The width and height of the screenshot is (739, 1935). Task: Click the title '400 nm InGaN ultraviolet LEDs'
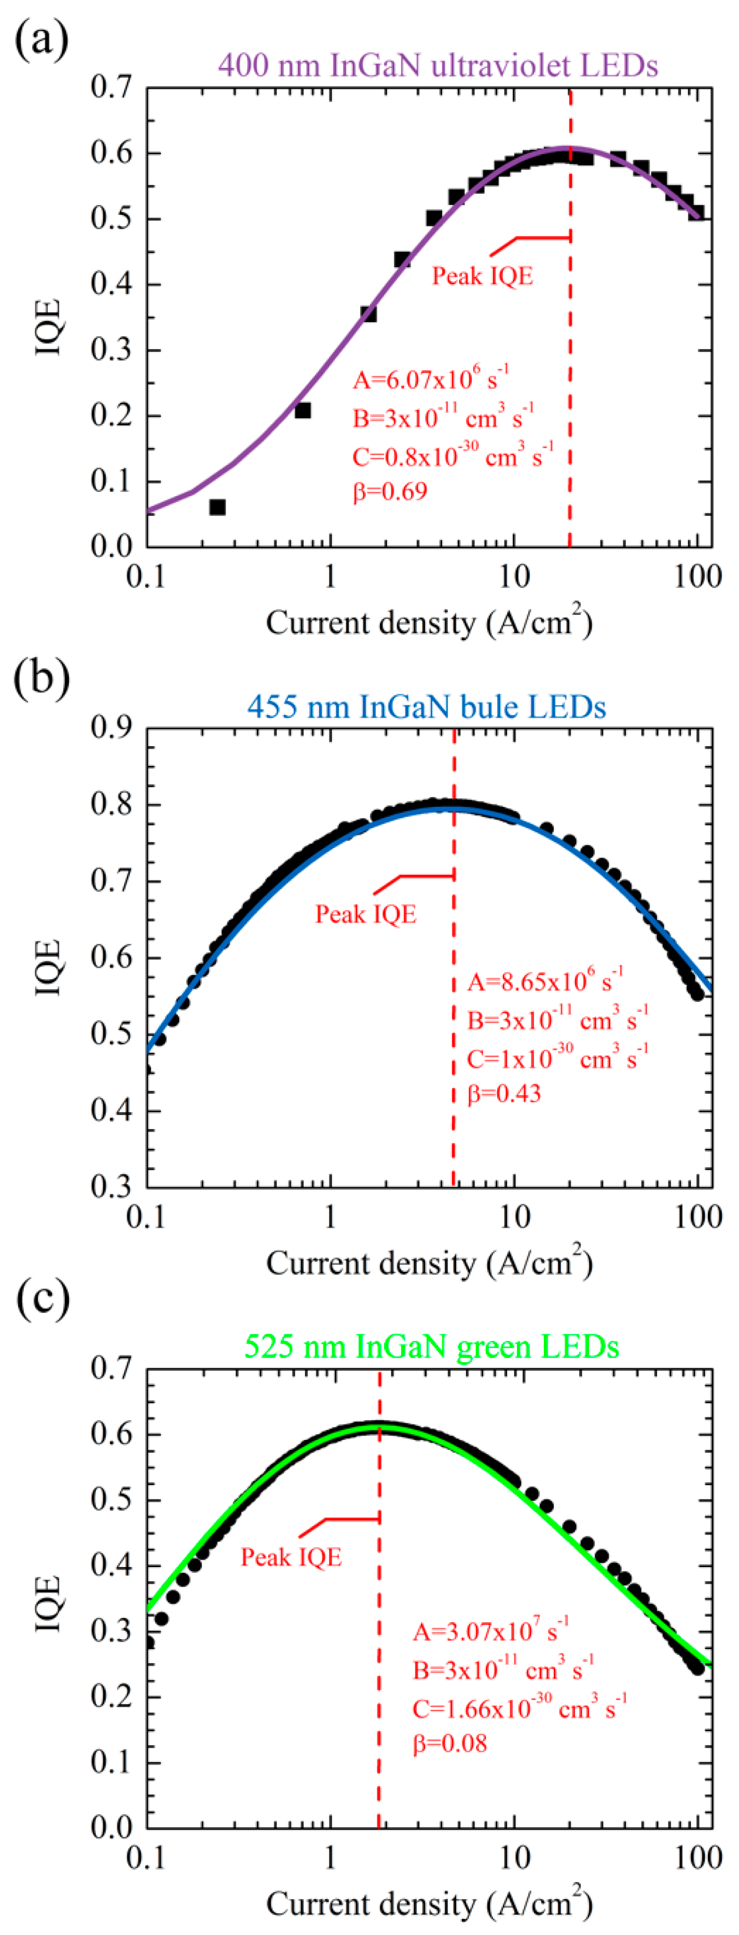[438, 65]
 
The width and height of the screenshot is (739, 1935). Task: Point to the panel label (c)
[42, 1298]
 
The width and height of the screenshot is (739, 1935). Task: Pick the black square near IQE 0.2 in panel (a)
[303, 410]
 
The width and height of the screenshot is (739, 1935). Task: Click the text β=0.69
[390, 492]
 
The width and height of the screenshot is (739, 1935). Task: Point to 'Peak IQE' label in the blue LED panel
[366, 914]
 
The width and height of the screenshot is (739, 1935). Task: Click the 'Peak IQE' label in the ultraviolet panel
[482, 277]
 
